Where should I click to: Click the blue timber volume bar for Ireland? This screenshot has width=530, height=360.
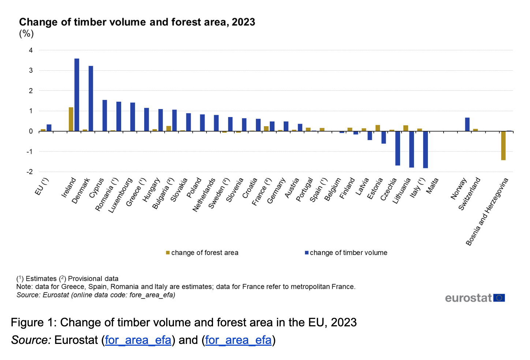point(77,95)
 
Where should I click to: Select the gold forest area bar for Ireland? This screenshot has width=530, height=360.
point(71,119)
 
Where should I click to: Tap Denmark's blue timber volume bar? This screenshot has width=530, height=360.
point(91,98)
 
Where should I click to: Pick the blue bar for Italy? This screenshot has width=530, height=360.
point(425,150)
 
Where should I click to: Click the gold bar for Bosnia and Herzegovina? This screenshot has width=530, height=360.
point(503,146)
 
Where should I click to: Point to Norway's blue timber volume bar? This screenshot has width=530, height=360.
point(467,124)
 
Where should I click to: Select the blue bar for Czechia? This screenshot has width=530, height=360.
point(398,148)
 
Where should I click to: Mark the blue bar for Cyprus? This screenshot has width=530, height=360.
point(105,116)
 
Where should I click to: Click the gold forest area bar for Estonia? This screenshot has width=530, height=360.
point(378,128)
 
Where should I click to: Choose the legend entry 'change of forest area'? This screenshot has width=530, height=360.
point(202,252)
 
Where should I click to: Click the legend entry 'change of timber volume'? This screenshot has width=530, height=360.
point(346,252)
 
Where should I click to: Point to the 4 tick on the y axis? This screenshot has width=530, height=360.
point(31,50)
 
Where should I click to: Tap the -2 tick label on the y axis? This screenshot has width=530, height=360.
point(30,172)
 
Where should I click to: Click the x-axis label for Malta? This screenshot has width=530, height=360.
point(433,186)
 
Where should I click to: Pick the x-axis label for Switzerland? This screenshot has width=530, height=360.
point(470,194)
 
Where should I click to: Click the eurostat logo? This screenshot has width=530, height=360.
point(475,298)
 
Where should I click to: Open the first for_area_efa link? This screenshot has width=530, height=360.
point(138,340)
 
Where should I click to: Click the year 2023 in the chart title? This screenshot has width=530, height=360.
point(243,22)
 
